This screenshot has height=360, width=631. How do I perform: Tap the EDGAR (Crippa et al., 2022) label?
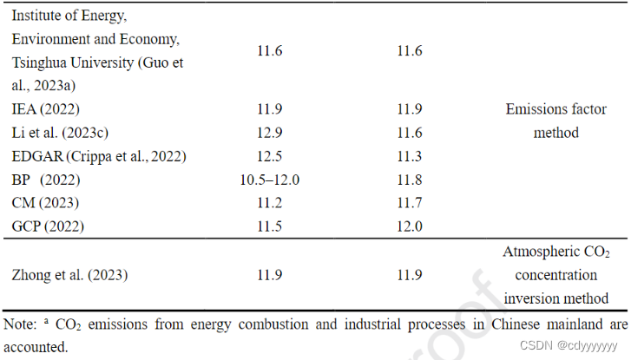[x=99, y=157]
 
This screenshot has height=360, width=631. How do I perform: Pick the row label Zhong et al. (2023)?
[x=70, y=275]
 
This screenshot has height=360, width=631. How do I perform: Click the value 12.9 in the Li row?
[x=270, y=134]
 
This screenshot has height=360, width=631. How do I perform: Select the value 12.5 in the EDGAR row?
[x=270, y=157]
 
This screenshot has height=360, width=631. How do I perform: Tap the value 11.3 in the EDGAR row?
[x=409, y=157]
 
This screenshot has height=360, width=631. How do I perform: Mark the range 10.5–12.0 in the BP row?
[x=270, y=180]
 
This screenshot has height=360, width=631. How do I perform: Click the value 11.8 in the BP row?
[x=409, y=180]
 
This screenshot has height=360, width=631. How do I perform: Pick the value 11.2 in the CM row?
[x=270, y=204]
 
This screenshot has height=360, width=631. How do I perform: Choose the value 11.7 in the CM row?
[x=409, y=204]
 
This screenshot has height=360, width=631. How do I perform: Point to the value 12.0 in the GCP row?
[x=409, y=227]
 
